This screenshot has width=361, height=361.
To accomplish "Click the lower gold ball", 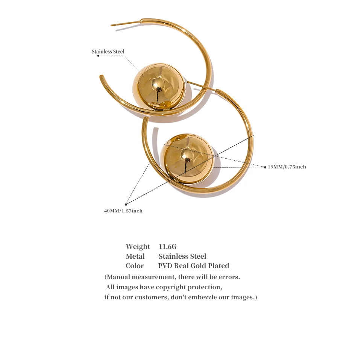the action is [x=187, y=158].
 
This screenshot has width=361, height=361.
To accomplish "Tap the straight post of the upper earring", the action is [x=126, y=23].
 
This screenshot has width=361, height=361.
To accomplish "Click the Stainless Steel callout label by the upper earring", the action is [x=108, y=52].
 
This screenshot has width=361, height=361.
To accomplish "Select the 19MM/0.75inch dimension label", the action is [x=287, y=167].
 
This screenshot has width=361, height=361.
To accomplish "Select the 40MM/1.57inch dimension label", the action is [x=123, y=211].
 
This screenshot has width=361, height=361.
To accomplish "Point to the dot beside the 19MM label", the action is [x=265, y=167].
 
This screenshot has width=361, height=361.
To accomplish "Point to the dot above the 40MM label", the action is [x=126, y=204].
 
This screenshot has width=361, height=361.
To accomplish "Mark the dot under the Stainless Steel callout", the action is [x=98, y=56].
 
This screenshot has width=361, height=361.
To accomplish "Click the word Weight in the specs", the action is [x=138, y=247].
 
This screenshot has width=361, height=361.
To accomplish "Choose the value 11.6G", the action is [x=168, y=247].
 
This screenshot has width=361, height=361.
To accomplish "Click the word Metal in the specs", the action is [x=135, y=256].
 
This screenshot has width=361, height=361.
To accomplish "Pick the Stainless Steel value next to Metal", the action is [x=182, y=256].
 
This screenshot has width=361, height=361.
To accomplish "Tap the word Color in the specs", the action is [x=135, y=266].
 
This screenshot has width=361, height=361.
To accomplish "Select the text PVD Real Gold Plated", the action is [x=193, y=266].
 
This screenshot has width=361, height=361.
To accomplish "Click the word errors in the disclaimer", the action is [x=229, y=277].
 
